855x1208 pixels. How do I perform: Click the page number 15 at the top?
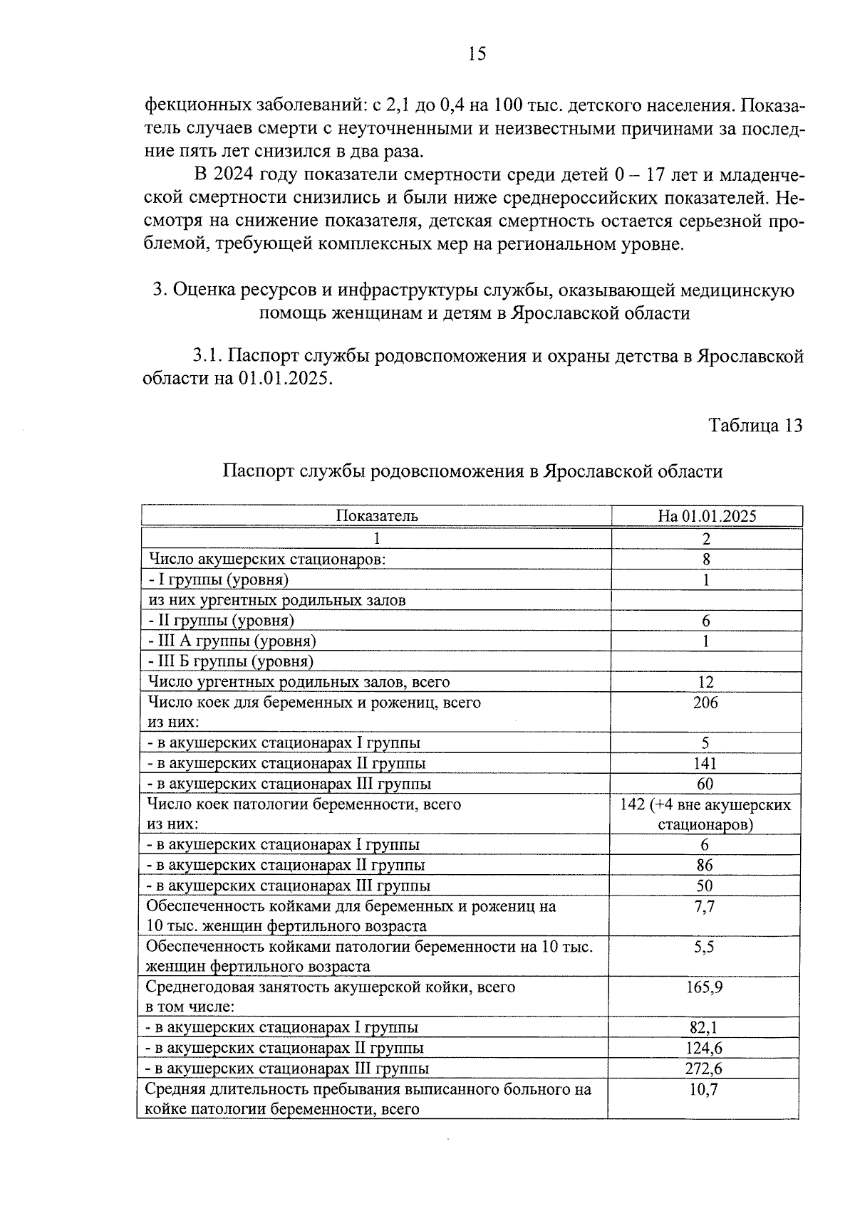[x=477, y=53]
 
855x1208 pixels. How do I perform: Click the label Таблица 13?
[x=755, y=426]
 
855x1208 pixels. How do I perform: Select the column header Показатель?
[x=377, y=516]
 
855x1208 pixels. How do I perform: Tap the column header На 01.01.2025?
[x=707, y=516]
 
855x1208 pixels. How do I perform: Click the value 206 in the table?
[x=705, y=703]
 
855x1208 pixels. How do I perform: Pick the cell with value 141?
[x=705, y=764]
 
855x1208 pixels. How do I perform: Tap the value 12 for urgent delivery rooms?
[x=705, y=682]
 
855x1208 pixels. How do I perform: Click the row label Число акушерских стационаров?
[x=266, y=559]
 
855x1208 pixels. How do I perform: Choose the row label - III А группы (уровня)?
[x=232, y=641]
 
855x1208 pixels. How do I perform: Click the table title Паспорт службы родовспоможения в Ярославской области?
[x=472, y=471]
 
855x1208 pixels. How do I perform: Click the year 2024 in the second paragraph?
[x=234, y=174]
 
